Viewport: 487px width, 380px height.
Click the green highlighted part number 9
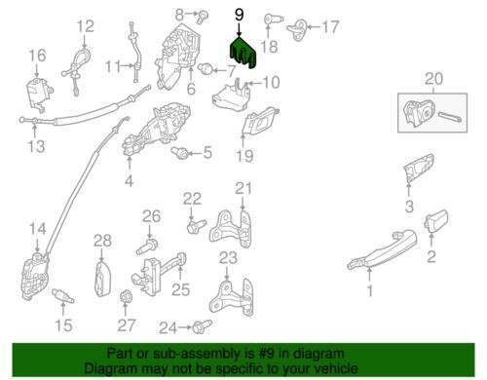pos(243,53)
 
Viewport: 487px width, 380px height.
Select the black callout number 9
pos(239,15)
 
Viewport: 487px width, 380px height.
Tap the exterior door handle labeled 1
pos(382,250)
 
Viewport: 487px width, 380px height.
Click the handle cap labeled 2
pos(436,221)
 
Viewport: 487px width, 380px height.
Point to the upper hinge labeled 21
pos(231,230)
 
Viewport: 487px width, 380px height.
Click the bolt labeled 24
pos(202,326)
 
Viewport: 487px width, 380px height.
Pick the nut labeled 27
pos(124,296)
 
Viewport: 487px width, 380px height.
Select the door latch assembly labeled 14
pos(35,276)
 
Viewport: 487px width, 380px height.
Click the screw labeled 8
pos(203,17)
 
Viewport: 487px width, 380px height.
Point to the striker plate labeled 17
pos(297,29)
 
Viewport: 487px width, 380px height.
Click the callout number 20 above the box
pos(433,79)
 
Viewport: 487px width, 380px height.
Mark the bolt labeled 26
pos(147,247)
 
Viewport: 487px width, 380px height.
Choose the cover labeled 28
pos(102,280)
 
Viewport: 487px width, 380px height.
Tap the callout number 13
pos(36,146)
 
